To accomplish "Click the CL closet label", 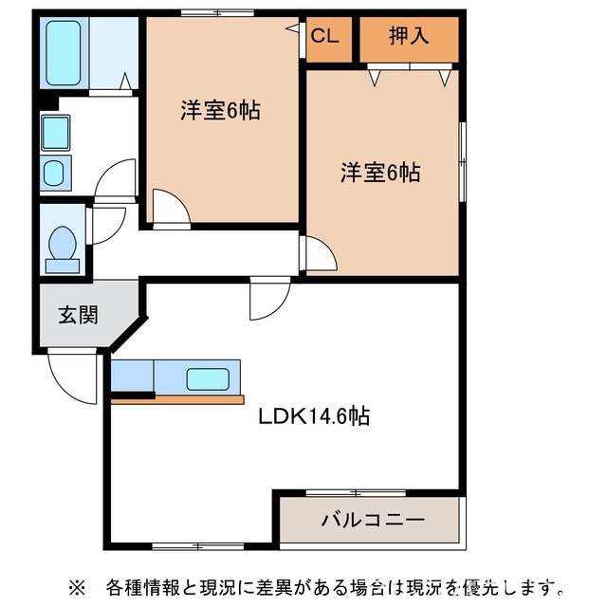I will point(324,37).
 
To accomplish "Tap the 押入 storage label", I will point(409,37).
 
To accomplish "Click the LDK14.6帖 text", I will point(314,414).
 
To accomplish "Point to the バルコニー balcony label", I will point(372,520).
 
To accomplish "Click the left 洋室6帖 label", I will point(221,110).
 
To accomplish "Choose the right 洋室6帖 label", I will point(381,173).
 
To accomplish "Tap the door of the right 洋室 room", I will point(318,254).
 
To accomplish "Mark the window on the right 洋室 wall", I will point(463,161).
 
